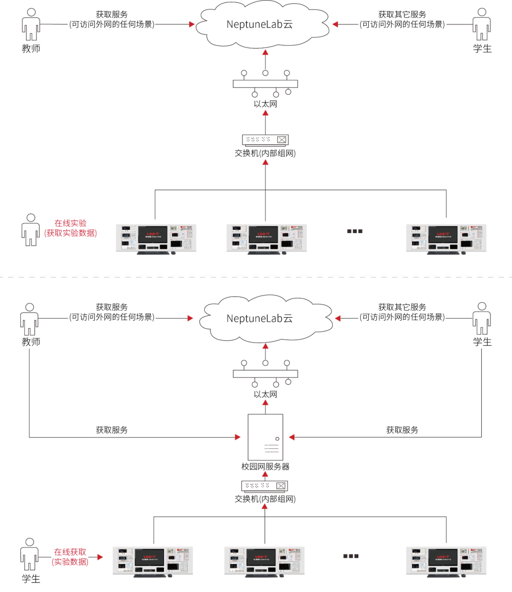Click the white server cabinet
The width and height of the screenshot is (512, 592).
pos(265,437)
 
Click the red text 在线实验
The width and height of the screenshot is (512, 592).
pos(71,223)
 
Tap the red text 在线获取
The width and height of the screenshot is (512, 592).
pos(70,552)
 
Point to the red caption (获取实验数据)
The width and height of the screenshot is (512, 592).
pos(71,233)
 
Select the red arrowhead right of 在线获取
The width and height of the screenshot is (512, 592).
pos(100,557)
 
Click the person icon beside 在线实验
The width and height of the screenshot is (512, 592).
pos(31,230)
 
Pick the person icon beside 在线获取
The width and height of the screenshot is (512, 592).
pos(29,554)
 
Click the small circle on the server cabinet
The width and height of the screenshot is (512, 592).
pos(277,439)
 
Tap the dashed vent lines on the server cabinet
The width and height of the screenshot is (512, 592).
pos(271,448)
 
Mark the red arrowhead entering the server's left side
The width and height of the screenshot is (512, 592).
pos(238,437)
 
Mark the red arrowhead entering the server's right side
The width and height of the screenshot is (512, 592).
pos(292,437)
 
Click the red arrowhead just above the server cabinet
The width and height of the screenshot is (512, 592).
pos(265,403)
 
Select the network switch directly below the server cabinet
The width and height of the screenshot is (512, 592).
pos(265,486)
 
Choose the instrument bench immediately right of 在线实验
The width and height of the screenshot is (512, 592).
pos(156,238)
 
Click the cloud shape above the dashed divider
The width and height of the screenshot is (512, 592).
pos(263,25)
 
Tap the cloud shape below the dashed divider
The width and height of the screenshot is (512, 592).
pos(265,319)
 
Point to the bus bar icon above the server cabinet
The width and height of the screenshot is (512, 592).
pos(265,374)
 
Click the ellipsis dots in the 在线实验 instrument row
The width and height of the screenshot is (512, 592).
pos(355,231)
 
